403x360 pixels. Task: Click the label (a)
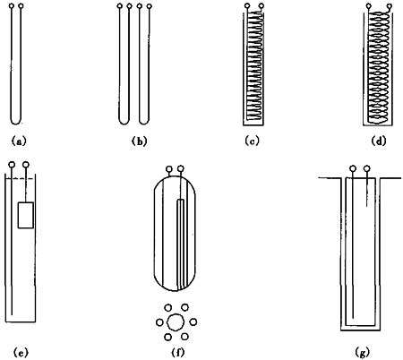19,141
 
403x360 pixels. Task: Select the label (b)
139,141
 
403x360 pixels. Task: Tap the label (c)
252,141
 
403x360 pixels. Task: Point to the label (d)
379,141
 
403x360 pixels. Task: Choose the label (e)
21,353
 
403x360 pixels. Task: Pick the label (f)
178,353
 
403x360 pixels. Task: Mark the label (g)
362,353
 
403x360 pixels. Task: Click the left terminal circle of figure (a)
12,6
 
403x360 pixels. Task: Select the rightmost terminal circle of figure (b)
149,6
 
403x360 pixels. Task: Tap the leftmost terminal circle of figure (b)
120,6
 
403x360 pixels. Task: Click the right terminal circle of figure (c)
262,5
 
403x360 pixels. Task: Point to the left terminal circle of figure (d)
369,5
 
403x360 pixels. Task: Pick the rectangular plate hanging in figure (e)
26,215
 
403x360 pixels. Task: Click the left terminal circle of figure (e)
12,165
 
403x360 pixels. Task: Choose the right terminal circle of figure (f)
180,169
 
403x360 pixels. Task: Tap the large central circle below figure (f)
175,322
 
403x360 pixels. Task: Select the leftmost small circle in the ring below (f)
159,322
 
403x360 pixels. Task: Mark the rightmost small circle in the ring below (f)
193,322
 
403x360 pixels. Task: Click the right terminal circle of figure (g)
367,169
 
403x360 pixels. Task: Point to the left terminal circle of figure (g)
353,169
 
